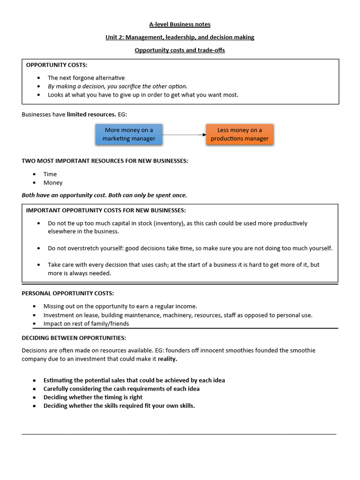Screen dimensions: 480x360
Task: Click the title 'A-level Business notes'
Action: [x=180, y=24]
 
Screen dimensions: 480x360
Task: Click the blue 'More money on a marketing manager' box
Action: [x=129, y=134]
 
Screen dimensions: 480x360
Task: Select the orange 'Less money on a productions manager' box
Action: [x=240, y=134]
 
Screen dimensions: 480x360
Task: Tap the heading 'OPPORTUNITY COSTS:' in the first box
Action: [x=57, y=65]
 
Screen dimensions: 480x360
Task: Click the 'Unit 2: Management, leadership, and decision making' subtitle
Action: [x=180, y=37]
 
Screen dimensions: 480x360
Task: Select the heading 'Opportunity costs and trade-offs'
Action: [x=180, y=50]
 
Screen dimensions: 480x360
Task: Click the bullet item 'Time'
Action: [x=50, y=174]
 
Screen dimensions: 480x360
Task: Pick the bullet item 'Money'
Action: [x=53, y=182]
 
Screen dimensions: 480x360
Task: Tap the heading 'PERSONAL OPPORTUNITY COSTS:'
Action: [x=67, y=293]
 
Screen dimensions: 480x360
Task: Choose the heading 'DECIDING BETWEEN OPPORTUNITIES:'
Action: [x=74, y=337]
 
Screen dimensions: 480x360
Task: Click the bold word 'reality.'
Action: [x=168, y=359]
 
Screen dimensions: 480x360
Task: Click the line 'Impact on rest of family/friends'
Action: [x=86, y=323]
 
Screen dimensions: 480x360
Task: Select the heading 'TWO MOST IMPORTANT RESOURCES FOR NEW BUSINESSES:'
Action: [x=105, y=161]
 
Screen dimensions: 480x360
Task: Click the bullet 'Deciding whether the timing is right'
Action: [x=93, y=397]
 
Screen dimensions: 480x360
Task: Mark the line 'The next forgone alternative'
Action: [x=86, y=78]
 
